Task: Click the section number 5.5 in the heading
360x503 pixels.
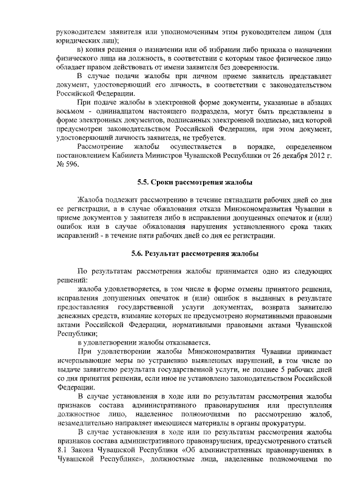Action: [x=144, y=183]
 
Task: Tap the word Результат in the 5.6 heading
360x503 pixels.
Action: [x=170, y=254]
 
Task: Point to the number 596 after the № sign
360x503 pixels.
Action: [x=74, y=165]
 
